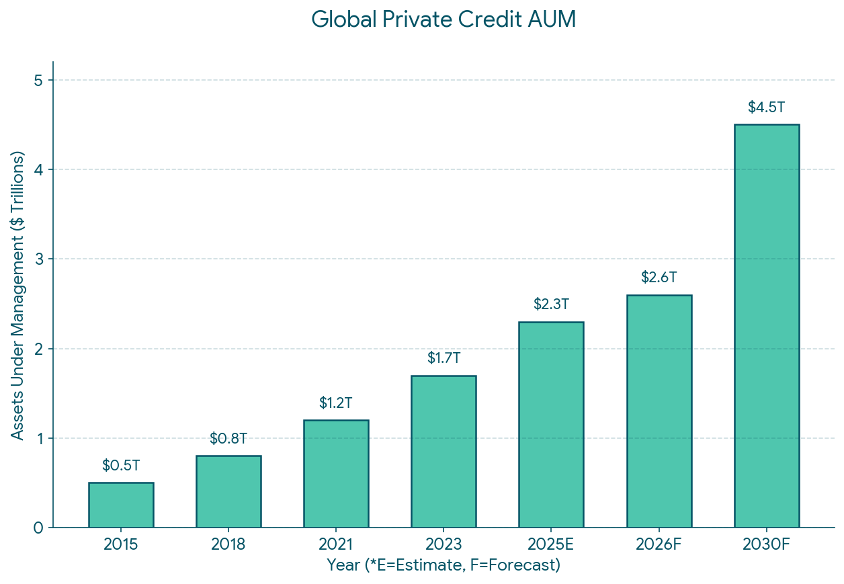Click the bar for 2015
tap(121, 505)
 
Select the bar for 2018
tap(228, 491)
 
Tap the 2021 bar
tap(336, 473)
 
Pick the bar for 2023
tap(444, 451)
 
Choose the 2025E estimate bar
tap(551, 424)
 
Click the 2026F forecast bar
tap(659, 411)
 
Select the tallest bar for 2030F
tap(767, 326)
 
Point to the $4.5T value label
tap(767, 108)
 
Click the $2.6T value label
tap(659, 278)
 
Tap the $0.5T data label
tap(121, 465)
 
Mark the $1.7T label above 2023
tap(444, 358)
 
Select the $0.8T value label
tap(228, 439)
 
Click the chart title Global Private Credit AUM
tap(444, 19)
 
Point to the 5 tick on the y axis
tap(38, 81)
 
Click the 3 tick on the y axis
tap(38, 259)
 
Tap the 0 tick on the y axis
tap(38, 528)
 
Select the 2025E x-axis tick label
tap(551, 544)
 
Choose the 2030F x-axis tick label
tap(767, 544)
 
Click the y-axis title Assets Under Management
tap(17, 295)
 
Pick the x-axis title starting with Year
tap(444, 565)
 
